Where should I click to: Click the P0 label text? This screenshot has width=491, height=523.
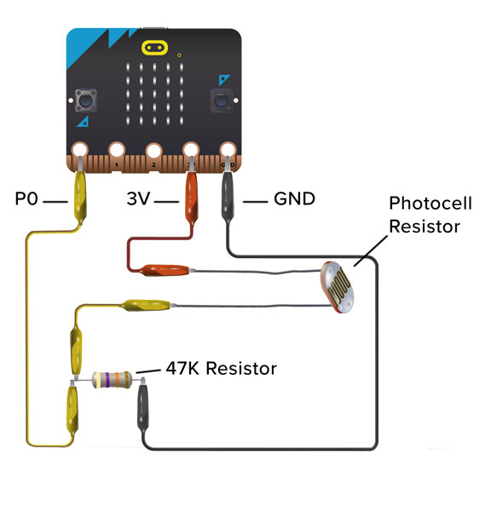(26, 198)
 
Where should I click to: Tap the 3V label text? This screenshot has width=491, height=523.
(139, 198)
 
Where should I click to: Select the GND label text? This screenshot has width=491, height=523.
(294, 198)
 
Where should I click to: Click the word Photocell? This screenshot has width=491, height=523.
(430, 203)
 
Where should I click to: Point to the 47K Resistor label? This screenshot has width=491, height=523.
(222, 369)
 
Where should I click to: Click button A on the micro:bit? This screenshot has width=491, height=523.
(86, 100)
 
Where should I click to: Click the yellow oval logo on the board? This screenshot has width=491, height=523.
(154, 48)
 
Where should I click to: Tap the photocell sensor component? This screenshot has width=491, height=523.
(338, 288)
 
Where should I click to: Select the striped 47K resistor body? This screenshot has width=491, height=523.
(112, 380)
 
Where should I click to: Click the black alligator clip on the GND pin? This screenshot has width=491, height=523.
(228, 197)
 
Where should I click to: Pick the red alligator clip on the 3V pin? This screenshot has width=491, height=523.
(191, 197)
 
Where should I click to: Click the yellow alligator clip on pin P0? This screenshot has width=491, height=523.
(80, 197)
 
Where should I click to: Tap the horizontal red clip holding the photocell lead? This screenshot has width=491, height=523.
(164, 270)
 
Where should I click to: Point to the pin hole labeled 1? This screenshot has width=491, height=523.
(117, 151)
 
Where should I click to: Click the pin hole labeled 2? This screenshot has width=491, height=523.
(154, 151)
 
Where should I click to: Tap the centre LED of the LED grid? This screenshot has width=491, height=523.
(154, 94)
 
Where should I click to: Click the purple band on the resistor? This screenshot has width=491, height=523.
(107, 380)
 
